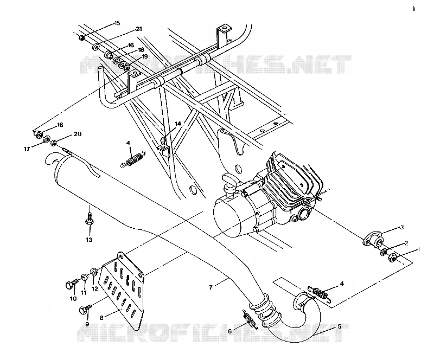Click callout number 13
pos(89,240)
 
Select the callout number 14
pos(178,124)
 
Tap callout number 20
pos(78,134)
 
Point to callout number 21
pos(139,29)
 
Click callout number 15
pos(117,23)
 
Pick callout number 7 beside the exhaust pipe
pos(210,287)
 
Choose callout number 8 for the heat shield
pos(101,318)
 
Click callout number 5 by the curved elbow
pos(340,326)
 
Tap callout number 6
pos(229,331)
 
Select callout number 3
pos(402,228)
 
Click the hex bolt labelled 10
pos(72,284)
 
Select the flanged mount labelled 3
pos(373,240)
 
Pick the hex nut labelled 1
pos(392,258)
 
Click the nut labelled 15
pos(82,38)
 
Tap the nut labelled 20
pos(53,143)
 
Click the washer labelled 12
pos(94,272)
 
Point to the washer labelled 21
pos(96,48)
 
